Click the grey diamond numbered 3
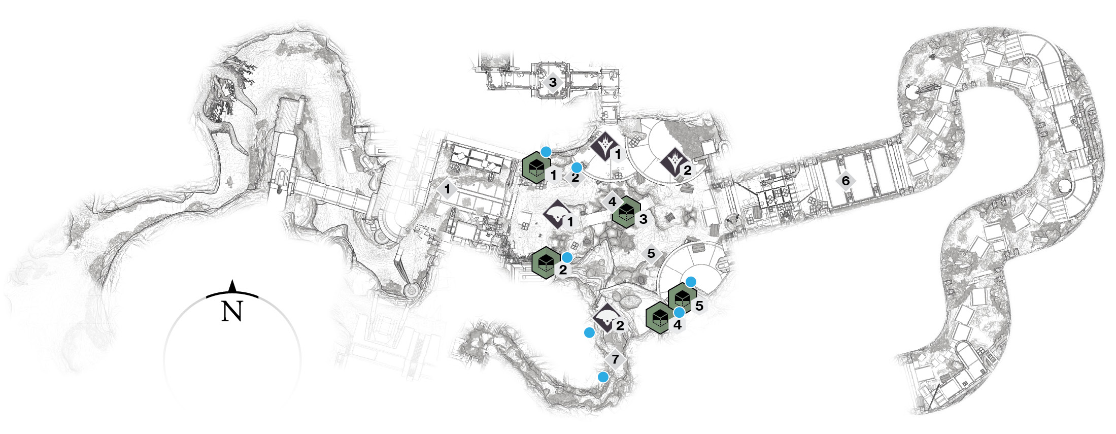(x=553, y=82)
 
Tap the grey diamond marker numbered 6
(x=845, y=181)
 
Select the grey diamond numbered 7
(x=615, y=359)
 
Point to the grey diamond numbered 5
(x=651, y=253)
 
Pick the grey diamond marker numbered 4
(x=612, y=202)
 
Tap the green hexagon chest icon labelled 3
(x=627, y=212)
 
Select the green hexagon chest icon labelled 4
(x=660, y=318)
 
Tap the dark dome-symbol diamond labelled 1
(x=558, y=215)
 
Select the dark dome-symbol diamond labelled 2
(x=607, y=318)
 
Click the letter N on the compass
(x=232, y=311)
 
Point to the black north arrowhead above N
(x=232, y=286)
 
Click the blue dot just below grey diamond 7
(x=603, y=377)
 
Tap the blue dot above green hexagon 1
(x=546, y=151)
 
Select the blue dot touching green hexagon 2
(x=567, y=257)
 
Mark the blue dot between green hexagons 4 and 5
(x=679, y=312)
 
